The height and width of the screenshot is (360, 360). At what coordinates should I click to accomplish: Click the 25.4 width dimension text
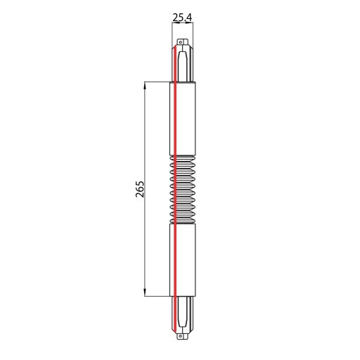click(182, 18)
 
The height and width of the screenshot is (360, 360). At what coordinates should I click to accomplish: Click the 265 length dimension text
click(140, 189)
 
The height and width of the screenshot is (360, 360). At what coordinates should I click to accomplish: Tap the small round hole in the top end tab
click(180, 42)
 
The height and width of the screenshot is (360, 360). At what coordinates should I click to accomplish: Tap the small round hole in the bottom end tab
click(180, 336)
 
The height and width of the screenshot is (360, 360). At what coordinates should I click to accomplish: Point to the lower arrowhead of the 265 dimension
click(146, 292)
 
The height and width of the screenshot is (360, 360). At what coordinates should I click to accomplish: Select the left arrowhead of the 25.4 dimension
click(175, 22)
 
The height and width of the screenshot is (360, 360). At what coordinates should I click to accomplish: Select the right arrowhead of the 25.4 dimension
click(190, 22)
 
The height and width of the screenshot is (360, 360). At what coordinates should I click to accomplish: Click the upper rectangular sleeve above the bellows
click(183, 119)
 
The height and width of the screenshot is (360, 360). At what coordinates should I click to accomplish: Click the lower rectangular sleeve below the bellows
click(182, 260)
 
